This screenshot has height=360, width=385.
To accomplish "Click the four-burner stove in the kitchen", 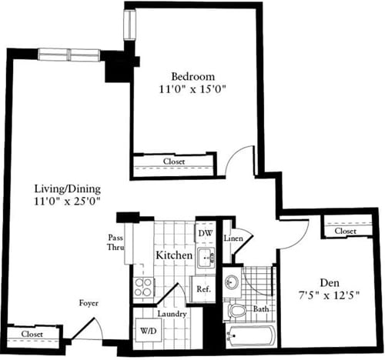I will (144, 287).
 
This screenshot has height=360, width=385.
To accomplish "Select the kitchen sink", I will (206, 257).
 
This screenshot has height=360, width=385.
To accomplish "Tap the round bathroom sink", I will (232, 282).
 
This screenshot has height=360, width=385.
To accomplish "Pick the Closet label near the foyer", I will (32, 335).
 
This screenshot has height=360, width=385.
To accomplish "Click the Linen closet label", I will (234, 238).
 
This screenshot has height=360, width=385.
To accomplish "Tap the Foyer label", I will (89, 303).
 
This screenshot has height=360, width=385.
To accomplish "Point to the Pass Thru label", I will (115, 243).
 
